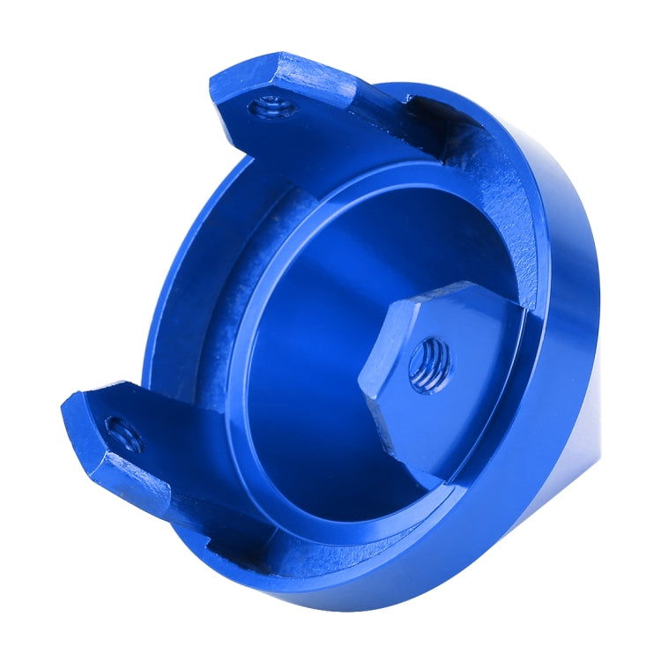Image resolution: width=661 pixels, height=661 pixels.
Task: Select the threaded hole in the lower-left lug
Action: [123, 433]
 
